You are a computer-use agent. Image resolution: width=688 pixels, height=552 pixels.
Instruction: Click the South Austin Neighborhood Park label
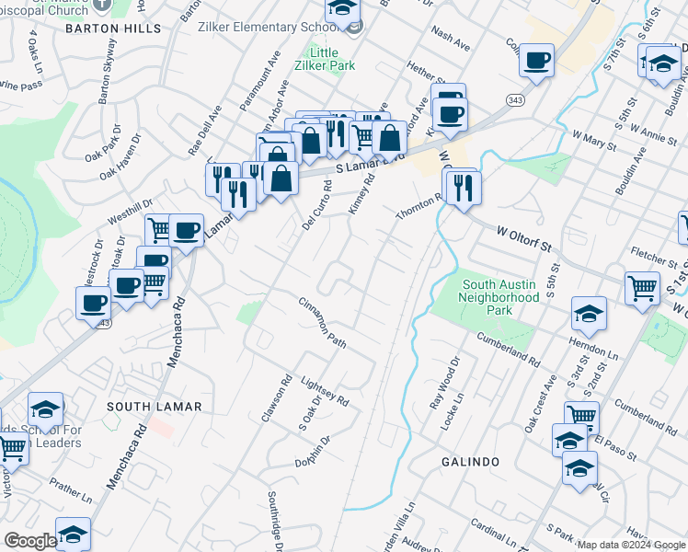pyautogui.click(x=499, y=298)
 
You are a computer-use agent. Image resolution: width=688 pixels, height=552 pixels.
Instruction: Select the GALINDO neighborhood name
pyautogui.click(x=469, y=461)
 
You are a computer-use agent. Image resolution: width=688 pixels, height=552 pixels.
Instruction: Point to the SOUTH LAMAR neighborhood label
pyautogui.click(x=148, y=406)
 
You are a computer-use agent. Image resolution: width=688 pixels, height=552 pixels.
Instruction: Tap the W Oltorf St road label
pyautogui.click(x=535, y=240)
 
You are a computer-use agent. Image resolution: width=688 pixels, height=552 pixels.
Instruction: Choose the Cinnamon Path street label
pyautogui.click(x=322, y=322)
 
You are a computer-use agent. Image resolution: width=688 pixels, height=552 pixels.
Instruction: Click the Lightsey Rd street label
pyautogui.click(x=326, y=392)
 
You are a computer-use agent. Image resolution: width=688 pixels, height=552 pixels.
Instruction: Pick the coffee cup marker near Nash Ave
pyautogui.click(x=536, y=61)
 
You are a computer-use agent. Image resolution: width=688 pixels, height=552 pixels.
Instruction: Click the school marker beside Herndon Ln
pyautogui.click(x=588, y=315)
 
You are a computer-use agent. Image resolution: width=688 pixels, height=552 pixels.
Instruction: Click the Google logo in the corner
pyautogui.click(x=29, y=541)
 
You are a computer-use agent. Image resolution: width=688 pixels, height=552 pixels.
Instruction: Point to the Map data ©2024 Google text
pyautogui.click(x=631, y=545)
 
